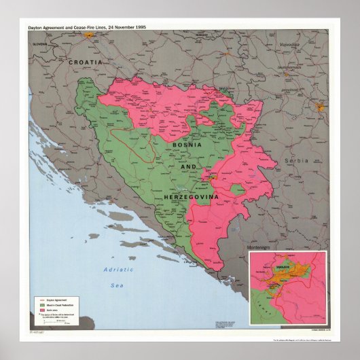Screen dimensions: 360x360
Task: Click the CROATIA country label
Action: [x=85, y=61]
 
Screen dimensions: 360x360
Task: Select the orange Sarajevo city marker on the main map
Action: [x=213, y=176]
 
